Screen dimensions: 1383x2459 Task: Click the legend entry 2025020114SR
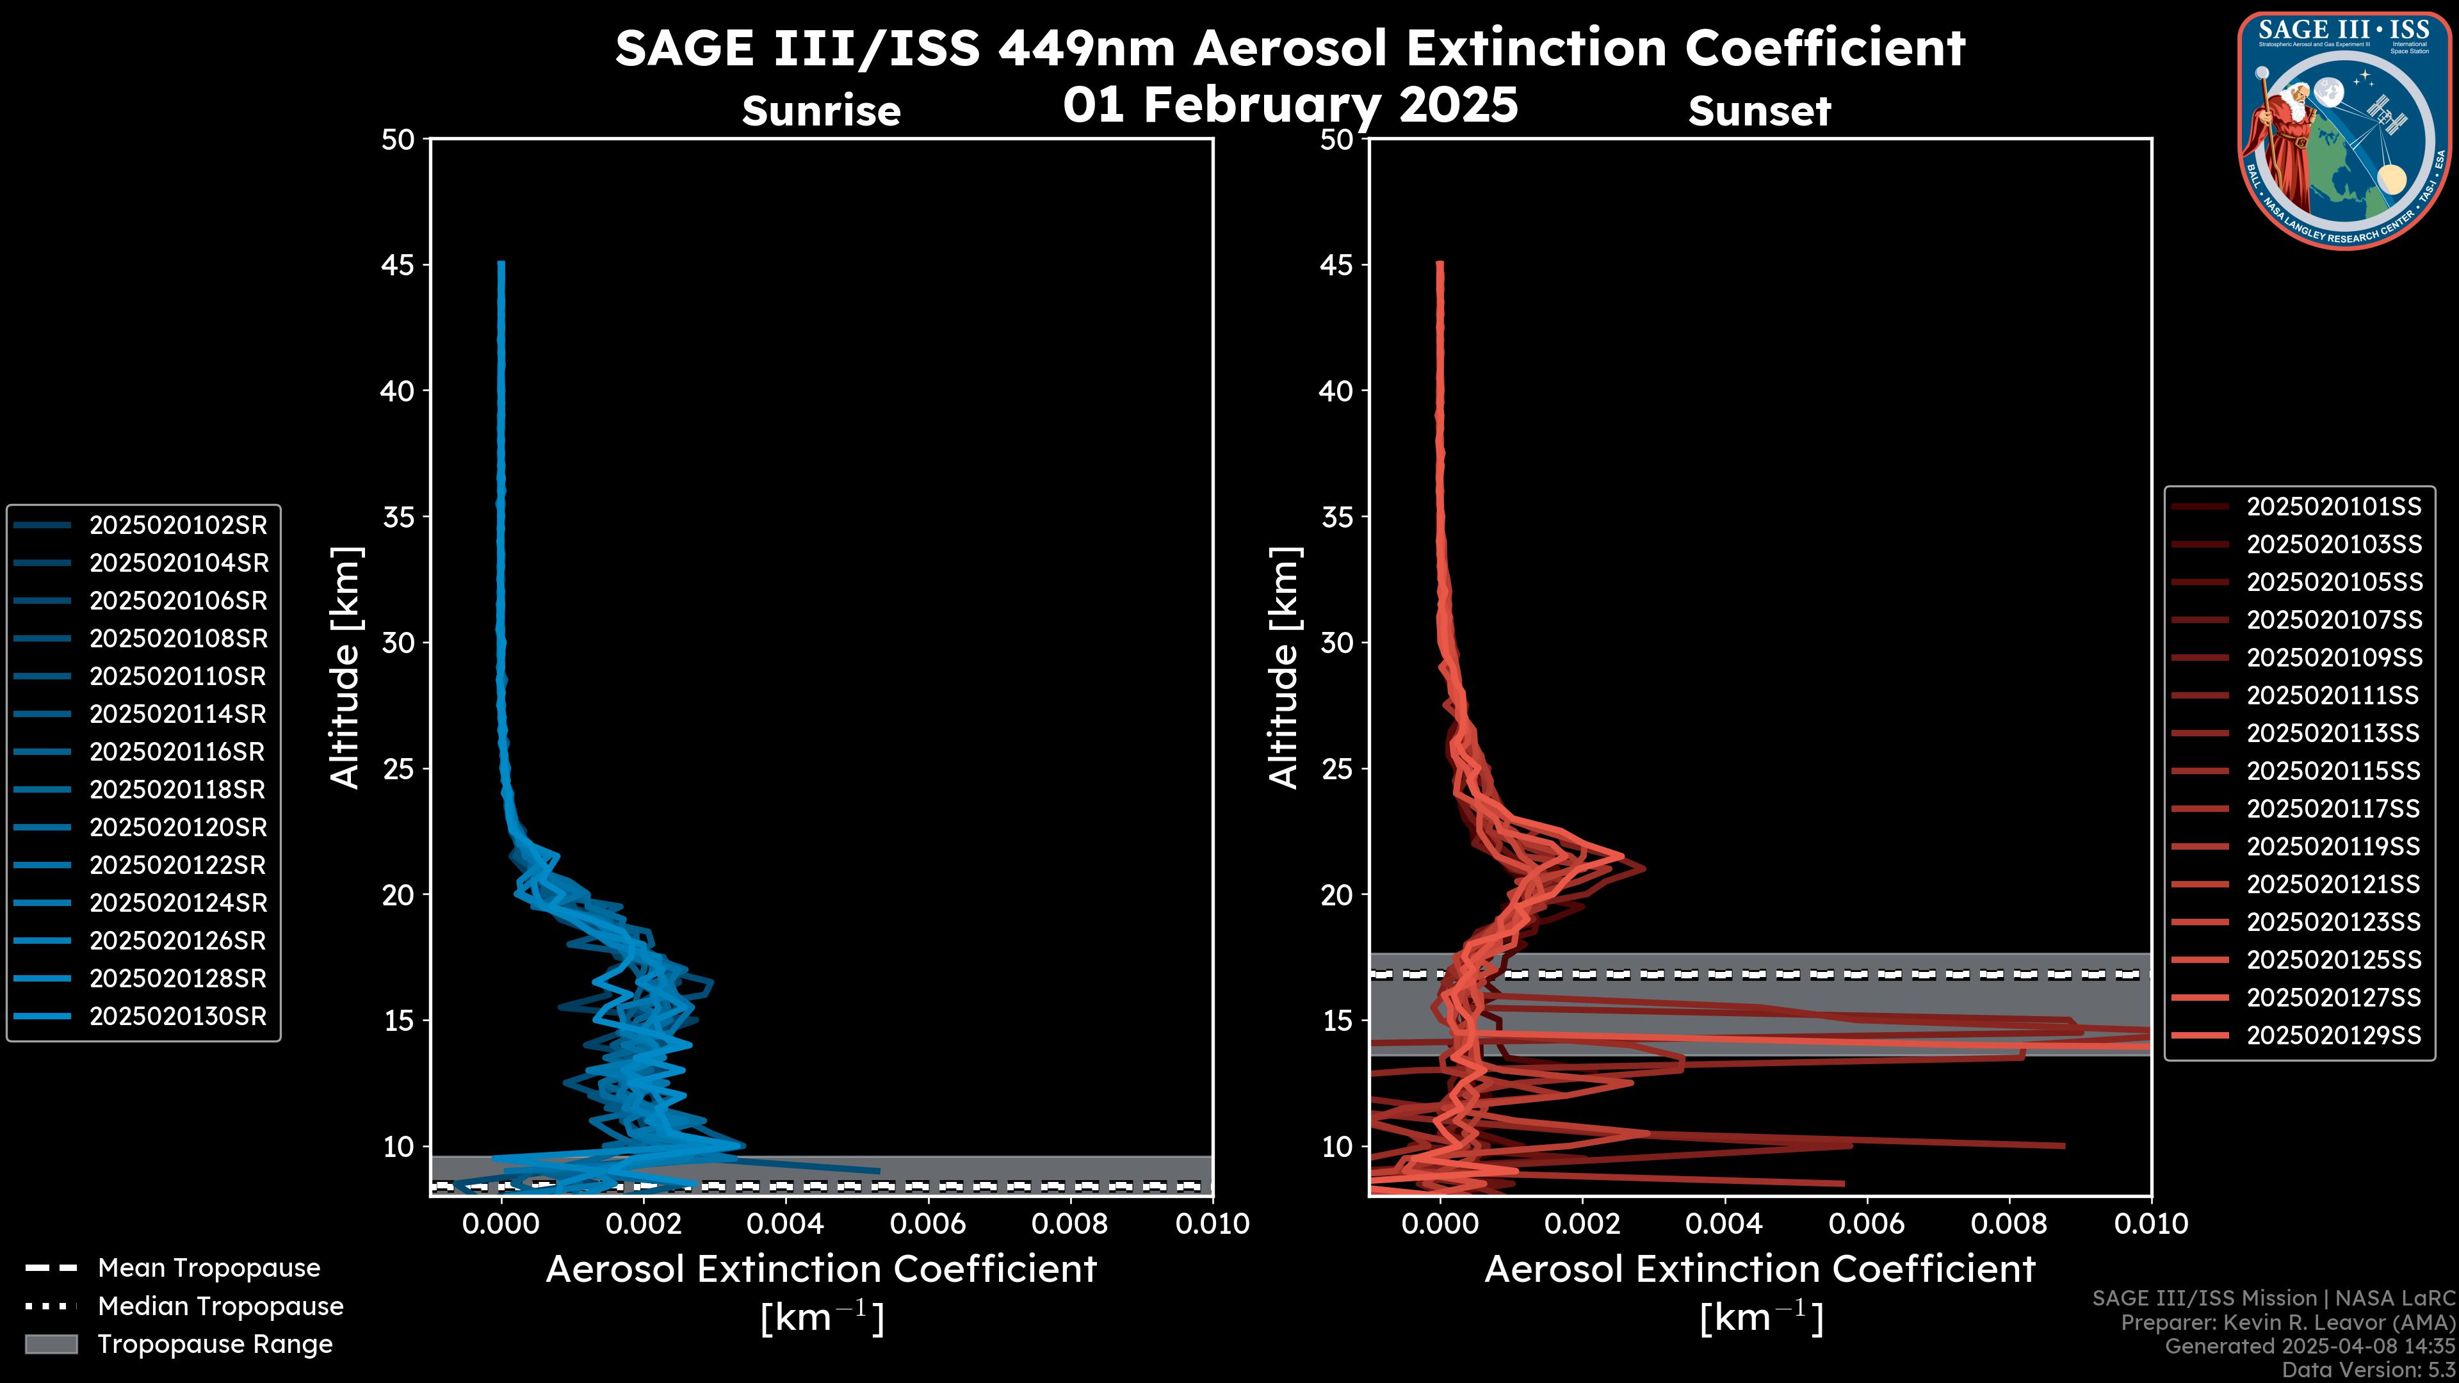pos(177,714)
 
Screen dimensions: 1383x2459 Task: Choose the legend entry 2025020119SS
pos(2333,846)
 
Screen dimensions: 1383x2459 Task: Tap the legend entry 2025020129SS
pos(2333,1035)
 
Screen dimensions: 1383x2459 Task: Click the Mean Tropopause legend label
pos(208,1268)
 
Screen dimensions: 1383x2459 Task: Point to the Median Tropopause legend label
pos(220,1306)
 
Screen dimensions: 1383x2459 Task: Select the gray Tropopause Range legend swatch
pos(51,1344)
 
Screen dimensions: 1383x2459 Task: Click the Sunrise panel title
pos(821,111)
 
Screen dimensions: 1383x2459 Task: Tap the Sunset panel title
pos(1758,111)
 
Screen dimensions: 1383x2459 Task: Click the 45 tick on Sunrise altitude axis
pos(398,264)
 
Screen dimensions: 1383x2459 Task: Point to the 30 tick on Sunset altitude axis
pos(1336,642)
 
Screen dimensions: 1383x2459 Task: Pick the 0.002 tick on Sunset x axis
pos(1582,1224)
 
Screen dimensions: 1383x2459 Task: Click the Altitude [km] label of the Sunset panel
pos(1284,668)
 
